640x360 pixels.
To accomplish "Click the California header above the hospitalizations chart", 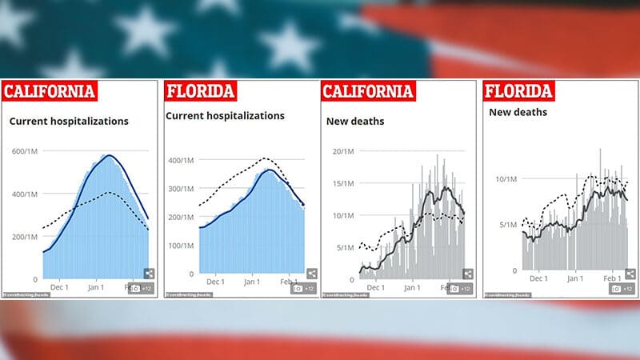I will coord(50,91).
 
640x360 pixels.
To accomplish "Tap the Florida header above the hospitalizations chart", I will coord(200,90).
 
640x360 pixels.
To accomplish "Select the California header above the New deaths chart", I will coord(367,91).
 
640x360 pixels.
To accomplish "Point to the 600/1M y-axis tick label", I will coord(22,151).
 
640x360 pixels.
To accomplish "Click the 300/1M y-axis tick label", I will coord(180,189).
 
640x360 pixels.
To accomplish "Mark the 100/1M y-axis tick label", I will coord(180,245).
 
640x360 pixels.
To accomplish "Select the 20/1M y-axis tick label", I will coord(343,151).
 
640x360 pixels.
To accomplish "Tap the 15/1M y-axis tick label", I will coord(343,183).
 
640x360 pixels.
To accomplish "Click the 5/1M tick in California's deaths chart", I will coord(345,247).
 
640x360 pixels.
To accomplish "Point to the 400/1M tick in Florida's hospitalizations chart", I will coord(180,161).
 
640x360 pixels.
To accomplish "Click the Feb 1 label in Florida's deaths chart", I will coord(612,278).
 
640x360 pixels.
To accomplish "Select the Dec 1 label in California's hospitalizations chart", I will coord(60,286).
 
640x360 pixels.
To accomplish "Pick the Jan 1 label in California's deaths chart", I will coord(413,286).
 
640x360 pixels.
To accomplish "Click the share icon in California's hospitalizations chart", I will coord(149,273).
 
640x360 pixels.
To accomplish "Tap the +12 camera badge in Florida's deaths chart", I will coord(622,288).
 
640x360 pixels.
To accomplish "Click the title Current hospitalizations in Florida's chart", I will coord(225,115).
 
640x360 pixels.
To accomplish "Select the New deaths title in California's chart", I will coord(355,122).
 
